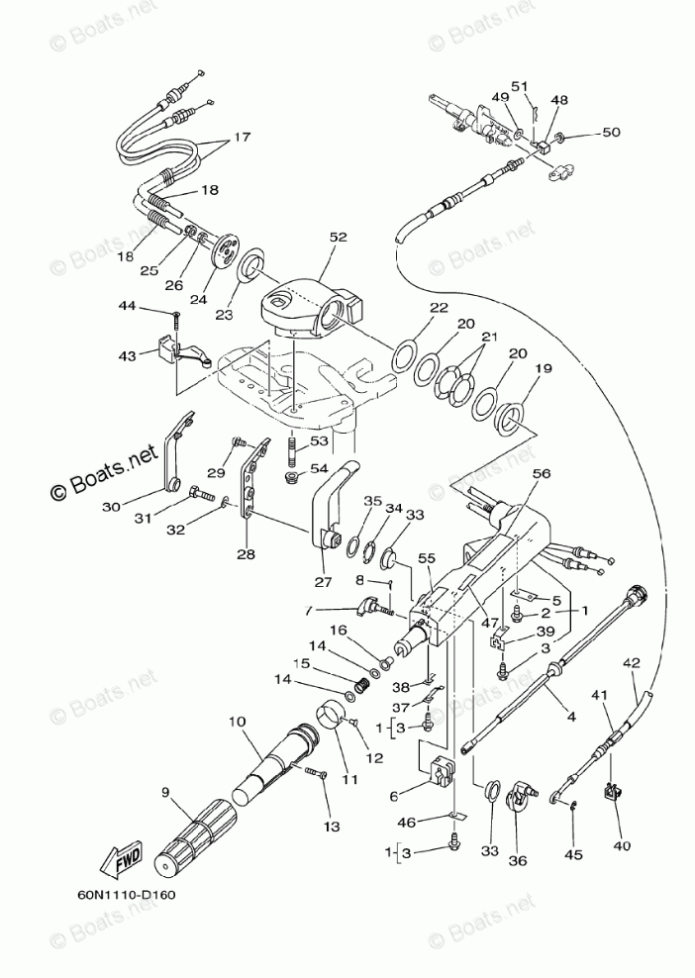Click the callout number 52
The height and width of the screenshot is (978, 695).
(339, 238)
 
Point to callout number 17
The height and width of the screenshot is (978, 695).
(242, 139)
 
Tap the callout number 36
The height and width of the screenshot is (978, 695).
(517, 860)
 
